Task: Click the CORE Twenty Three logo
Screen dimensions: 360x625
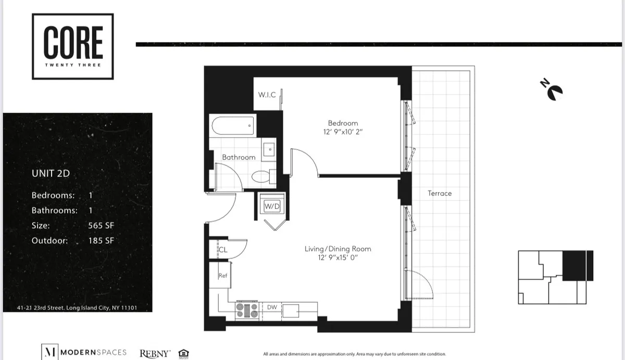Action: pyautogui.click(x=73, y=46)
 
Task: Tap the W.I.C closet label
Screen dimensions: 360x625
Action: pyautogui.click(x=267, y=95)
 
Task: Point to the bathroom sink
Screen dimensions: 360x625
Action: pyautogui.click(x=270, y=149)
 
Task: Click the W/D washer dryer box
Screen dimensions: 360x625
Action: pyautogui.click(x=272, y=206)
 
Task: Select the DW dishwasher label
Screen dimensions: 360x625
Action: pyautogui.click(x=272, y=307)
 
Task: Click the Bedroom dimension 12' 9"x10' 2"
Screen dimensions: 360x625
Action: pyautogui.click(x=343, y=132)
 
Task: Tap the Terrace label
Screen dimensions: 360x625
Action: pyautogui.click(x=440, y=193)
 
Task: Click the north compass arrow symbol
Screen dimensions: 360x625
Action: pyautogui.click(x=552, y=90)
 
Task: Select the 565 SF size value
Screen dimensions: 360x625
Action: pyautogui.click(x=101, y=226)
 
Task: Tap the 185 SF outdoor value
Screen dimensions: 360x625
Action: pyautogui.click(x=101, y=240)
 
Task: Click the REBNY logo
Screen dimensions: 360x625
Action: pyautogui.click(x=155, y=353)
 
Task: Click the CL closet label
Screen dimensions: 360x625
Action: pyautogui.click(x=222, y=250)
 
